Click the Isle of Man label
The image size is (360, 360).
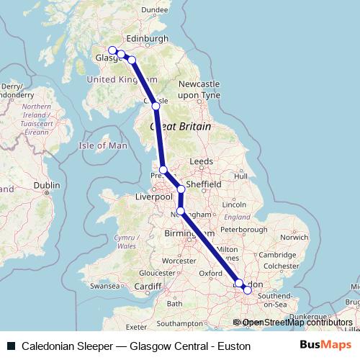102,145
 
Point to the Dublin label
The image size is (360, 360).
46,185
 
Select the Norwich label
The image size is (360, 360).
294,237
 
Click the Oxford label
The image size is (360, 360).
210,273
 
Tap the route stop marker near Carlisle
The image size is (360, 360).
156,106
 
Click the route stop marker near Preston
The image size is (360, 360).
163,170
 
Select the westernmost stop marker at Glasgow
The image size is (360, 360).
112,50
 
